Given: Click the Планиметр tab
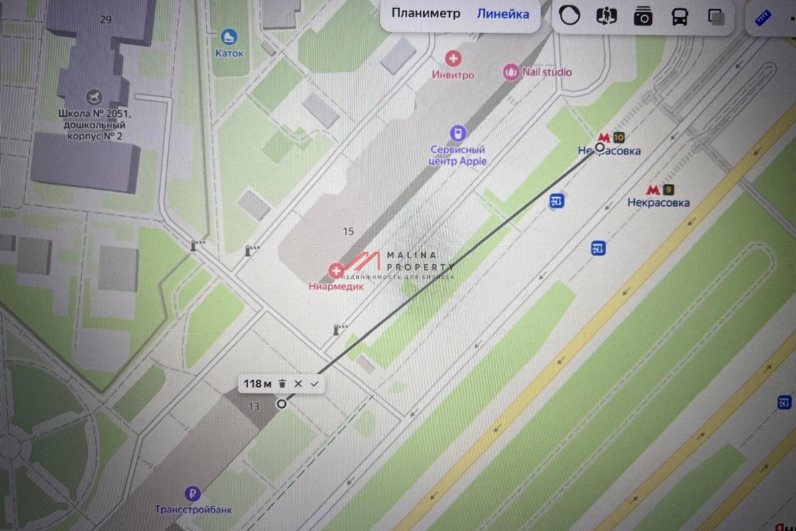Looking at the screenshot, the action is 425,14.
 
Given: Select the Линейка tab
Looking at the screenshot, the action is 503,14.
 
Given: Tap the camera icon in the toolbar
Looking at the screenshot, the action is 643,17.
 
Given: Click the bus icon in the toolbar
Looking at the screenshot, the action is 680,17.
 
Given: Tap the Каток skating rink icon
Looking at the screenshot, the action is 230,37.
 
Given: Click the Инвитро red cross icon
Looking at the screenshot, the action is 454,59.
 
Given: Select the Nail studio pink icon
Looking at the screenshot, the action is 511,72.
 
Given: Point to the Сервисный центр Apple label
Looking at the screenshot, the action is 458,155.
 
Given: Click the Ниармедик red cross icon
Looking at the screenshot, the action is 336,270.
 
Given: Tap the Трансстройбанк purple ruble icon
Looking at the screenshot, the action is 193,493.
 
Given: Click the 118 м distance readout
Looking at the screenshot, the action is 257,384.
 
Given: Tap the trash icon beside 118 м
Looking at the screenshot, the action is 282,384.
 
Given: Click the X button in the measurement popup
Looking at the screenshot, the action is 298,384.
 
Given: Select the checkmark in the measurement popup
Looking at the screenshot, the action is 314,384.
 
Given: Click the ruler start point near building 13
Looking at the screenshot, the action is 282,404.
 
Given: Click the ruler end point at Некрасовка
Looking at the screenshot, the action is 600,147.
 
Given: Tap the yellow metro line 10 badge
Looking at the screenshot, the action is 618,138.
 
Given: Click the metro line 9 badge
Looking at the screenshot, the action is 667,189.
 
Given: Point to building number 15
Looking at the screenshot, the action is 349,232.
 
